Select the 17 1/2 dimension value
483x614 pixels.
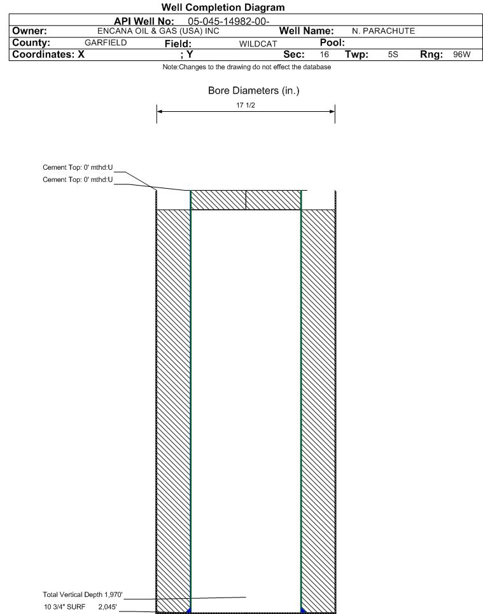245,104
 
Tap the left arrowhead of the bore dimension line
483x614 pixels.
160,111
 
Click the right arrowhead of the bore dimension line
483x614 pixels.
332,111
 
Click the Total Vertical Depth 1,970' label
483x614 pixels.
82,594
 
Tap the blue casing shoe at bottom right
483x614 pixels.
303,610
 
